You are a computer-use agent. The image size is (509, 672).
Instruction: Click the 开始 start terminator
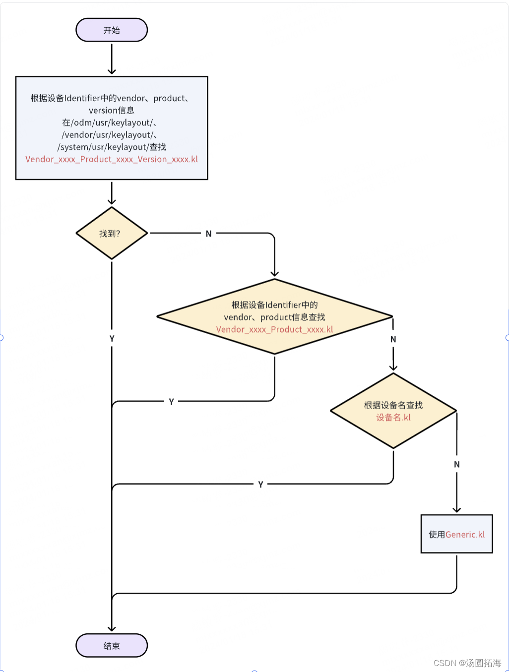[x=112, y=30]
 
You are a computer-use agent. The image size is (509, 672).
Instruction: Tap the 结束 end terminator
[x=112, y=646]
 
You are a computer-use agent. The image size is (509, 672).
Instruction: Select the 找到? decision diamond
[x=112, y=233]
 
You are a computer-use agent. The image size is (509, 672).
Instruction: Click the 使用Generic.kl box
[x=456, y=534]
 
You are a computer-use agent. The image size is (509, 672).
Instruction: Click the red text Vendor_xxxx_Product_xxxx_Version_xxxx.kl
[x=112, y=159]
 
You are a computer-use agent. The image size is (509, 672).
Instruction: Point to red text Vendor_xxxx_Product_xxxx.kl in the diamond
[x=274, y=329]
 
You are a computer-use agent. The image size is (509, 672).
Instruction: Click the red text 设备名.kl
[x=393, y=418]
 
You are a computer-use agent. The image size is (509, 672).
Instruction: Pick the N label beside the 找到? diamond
[x=208, y=234]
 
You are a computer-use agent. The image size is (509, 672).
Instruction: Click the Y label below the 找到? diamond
[x=112, y=339]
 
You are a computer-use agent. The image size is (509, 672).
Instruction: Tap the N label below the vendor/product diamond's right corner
[x=393, y=339]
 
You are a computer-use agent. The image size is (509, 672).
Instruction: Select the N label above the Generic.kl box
[x=456, y=465]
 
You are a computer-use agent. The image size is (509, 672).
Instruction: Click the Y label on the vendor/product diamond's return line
[x=171, y=402]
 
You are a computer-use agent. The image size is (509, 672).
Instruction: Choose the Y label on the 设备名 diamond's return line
[x=260, y=485]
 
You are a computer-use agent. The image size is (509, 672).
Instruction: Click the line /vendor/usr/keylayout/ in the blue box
[x=110, y=135]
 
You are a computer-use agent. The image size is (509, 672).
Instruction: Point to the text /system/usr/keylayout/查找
[x=112, y=147]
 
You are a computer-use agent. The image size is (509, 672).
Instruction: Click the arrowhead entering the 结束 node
[x=112, y=628]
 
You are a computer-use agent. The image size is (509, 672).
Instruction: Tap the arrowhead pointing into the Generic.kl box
[x=456, y=509]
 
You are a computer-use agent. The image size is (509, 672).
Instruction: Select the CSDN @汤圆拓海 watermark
[x=467, y=663]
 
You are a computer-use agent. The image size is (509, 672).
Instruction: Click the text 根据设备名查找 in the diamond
[x=393, y=405]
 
